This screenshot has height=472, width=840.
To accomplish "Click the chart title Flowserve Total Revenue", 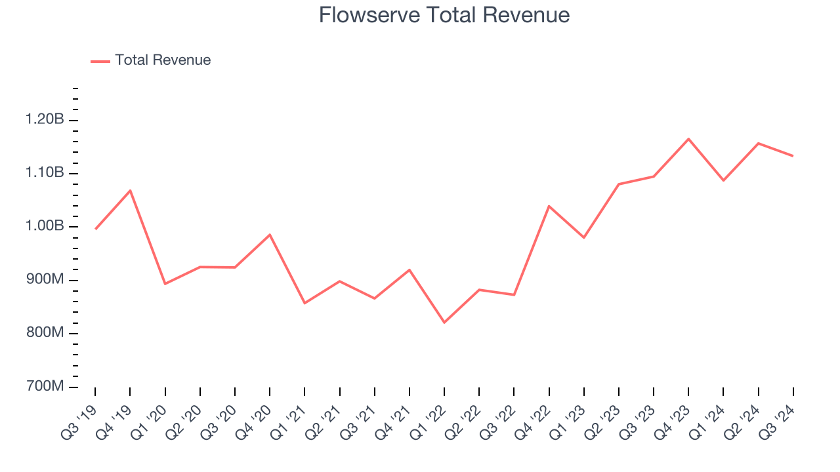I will [x=444, y=15].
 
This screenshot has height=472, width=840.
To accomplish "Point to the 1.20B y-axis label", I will [x=45, y=120].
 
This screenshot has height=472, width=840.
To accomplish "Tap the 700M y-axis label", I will [x=45, y=387].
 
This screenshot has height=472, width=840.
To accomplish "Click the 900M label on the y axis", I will [x=45, y=280].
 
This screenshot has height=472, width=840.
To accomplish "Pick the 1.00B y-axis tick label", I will [x=45, y=227].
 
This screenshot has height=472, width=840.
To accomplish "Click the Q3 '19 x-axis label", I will [x=79, y=420].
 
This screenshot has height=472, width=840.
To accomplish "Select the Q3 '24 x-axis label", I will [x=777, y=420].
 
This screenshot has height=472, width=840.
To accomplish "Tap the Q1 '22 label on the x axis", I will [x=428, y=420].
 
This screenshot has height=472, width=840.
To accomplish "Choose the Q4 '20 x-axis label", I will [x=253, y=420].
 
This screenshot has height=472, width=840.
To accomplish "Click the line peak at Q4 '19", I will [x=130, y=190].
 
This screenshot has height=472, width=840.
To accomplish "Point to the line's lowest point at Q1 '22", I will [x=444, y=323].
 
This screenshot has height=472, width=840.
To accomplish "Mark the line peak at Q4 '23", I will [x=688, y=138].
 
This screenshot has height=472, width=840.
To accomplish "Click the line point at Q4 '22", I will [x=549, y=206].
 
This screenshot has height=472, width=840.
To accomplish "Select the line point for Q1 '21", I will [x=304, y=303].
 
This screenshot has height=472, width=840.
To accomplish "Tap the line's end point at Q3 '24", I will [x=793, y=155].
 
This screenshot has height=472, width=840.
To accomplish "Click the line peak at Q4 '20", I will [x=270, y=235].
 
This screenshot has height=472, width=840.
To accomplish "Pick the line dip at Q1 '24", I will [x=723, y=180].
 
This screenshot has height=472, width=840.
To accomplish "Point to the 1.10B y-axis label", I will [x=45, y=173].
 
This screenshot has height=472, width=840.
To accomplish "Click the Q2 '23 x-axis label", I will [x=602, y=420].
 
